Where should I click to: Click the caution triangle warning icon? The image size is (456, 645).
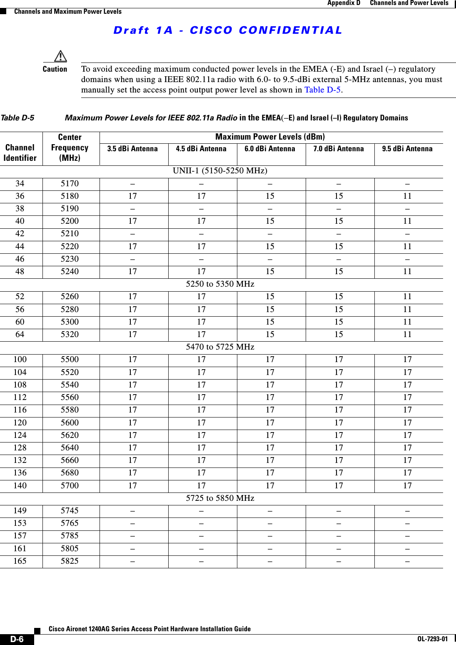tap(60, 56)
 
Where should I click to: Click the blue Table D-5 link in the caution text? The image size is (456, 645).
tap(322, 90)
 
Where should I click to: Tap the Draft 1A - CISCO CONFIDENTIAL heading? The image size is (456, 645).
tap(228, 30)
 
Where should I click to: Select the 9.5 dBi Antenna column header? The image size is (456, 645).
tap(407, 149)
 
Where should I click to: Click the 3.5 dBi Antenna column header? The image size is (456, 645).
tap(132, 149)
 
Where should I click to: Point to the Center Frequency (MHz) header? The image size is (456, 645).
tap(70, 147)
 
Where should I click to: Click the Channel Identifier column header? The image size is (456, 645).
tap(20, 152)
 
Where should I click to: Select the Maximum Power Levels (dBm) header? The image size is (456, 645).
tap(270, 137)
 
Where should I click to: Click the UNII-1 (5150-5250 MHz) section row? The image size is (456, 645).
tap(220, 170)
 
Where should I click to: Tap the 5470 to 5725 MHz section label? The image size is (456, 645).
tap(220, 347)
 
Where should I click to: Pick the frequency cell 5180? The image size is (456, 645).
tap(70, 196)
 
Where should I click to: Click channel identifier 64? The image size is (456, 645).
tap(20, 334)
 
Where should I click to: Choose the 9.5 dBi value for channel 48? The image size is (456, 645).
tap(407, 271)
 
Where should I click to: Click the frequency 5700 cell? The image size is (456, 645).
tap(70, 485)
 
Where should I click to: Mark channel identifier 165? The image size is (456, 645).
tap(20, 561)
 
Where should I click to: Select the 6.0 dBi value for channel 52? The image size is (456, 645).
tap(270, 296)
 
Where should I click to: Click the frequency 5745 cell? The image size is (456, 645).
tap(70, 510)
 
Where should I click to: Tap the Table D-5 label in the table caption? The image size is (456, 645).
tap(17, 118)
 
